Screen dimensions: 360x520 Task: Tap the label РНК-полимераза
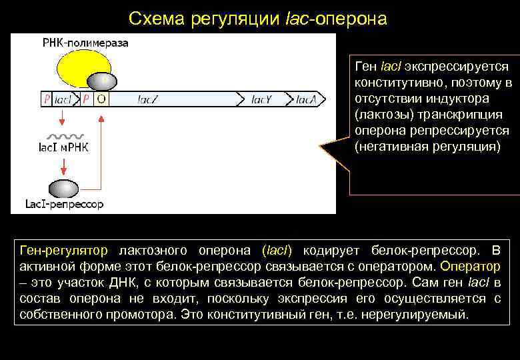[x=85, y=43]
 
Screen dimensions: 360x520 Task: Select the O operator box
[x=103, y=99]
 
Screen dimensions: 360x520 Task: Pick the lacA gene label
[x=308, y=99]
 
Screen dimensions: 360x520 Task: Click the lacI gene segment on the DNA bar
[x=63, y=99]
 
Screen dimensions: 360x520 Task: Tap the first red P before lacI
[x=46, y=99]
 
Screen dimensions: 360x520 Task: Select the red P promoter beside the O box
[x=87, y=99]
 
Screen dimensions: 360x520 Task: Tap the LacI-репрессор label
[x=64, y=204]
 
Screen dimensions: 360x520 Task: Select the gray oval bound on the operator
[x=102, y=81]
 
